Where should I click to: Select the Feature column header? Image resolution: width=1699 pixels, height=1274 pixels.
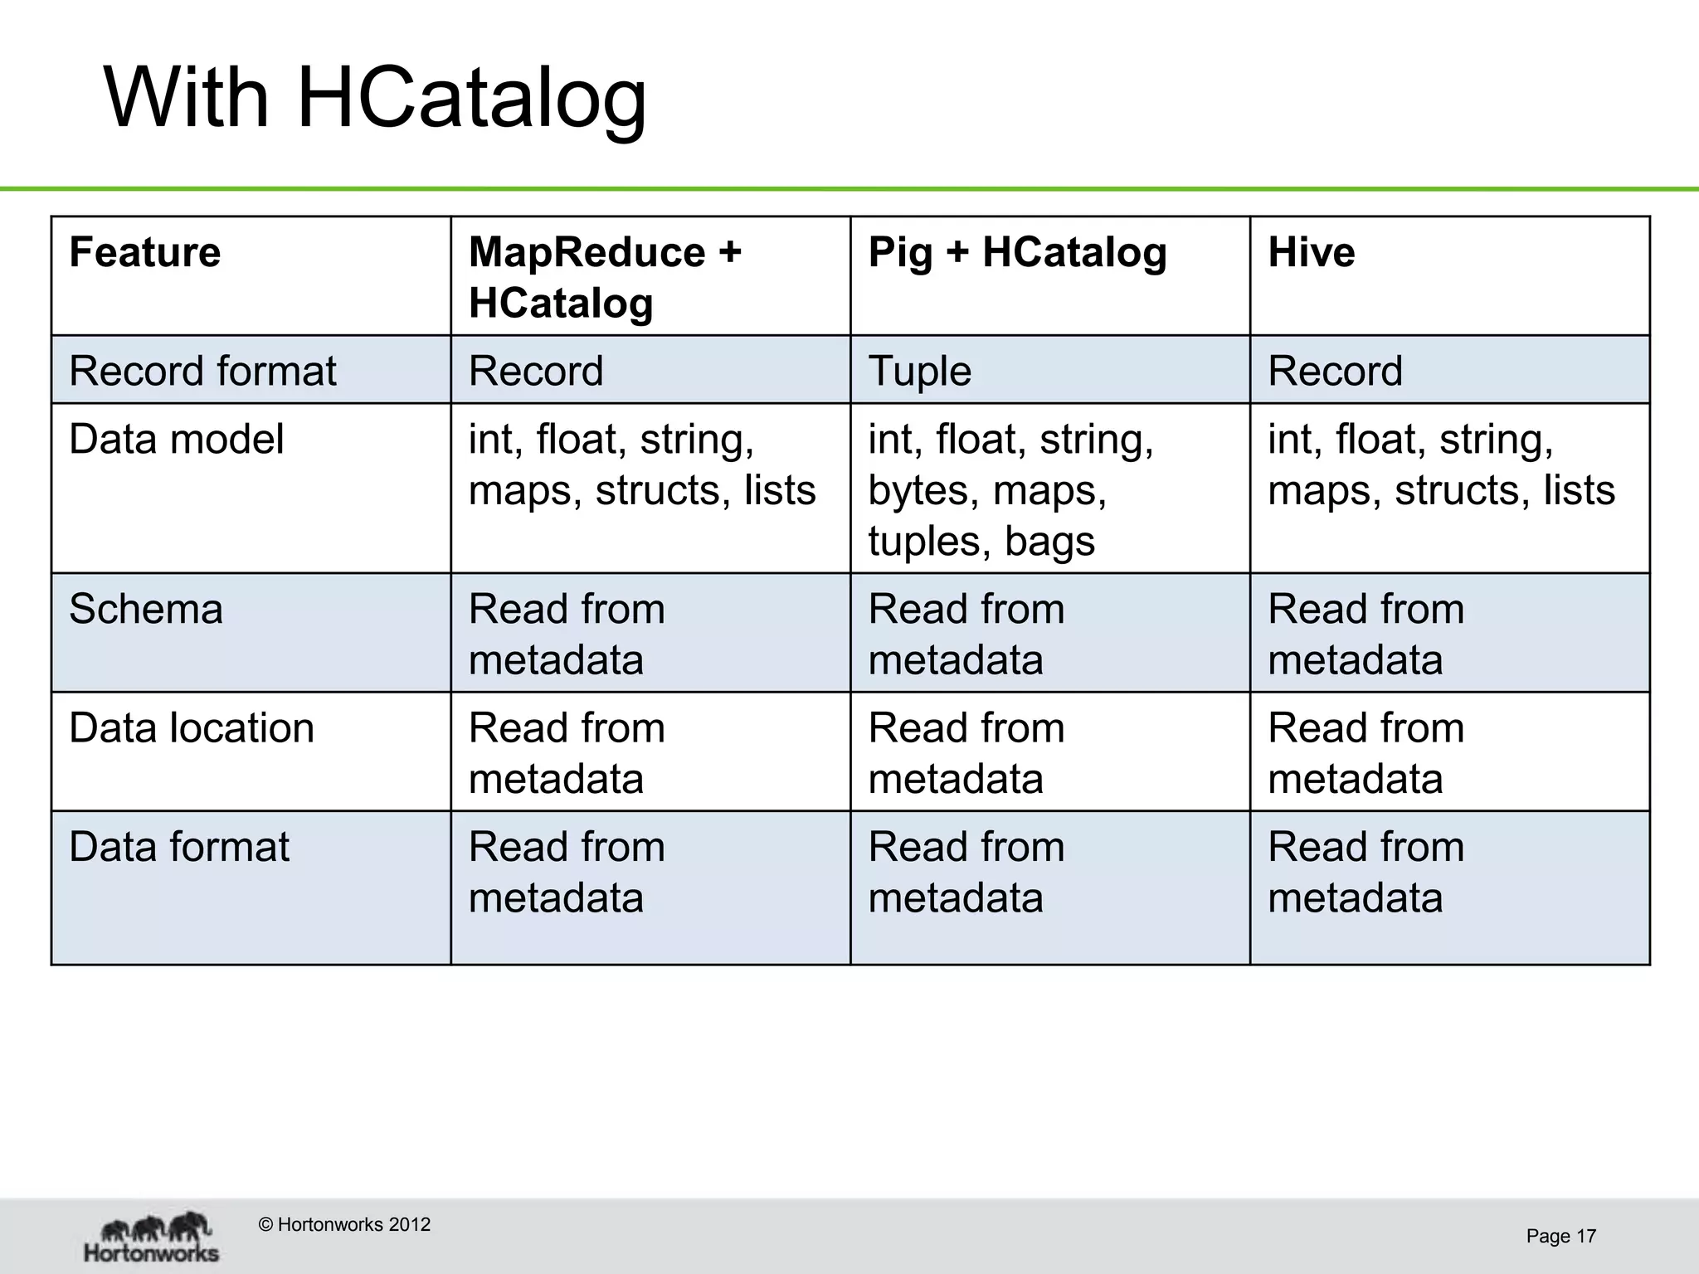click(x=145, y=252)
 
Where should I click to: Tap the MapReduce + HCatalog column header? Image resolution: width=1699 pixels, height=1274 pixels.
click(x=605, y=277)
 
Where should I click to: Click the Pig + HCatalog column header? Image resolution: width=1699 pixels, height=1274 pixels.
click(x=1017, y=252)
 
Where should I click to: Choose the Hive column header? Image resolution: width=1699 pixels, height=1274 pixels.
click(x=1312, y=252)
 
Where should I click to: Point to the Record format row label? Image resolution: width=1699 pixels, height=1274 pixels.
click(x=202, y=371)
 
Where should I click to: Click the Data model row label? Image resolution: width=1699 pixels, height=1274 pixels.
click(x=176, y=439)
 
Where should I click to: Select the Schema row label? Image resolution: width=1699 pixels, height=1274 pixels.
click(x=146, y=610)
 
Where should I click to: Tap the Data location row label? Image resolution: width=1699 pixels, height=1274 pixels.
click(x=192, y=728)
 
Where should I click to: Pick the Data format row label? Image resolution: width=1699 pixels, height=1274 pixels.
click(x=179, y=848)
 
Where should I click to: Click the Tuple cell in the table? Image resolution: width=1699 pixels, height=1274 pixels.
click(x=919, y=371)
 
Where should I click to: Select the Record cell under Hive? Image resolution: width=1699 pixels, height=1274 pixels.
click(x=1335, y=371)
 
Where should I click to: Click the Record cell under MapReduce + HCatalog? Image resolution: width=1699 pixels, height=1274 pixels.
click(x=536, y=371)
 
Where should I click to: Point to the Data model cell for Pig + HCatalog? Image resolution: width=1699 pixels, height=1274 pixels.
click(x=1010, y=489)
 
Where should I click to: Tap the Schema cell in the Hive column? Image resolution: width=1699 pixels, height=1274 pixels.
click(x=1366, y=635)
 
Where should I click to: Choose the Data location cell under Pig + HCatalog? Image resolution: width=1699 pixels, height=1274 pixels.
click(x=966, y=753)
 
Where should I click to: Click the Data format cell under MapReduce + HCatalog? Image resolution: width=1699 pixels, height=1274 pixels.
click(x=567, y=873)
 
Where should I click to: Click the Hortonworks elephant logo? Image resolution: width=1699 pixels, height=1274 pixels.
click(x=153, y=1237)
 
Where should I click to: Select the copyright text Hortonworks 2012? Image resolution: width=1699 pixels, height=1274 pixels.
click(x=344, y=1225)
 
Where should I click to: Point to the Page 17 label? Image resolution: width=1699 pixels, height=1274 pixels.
click(x=1560, y=1237)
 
